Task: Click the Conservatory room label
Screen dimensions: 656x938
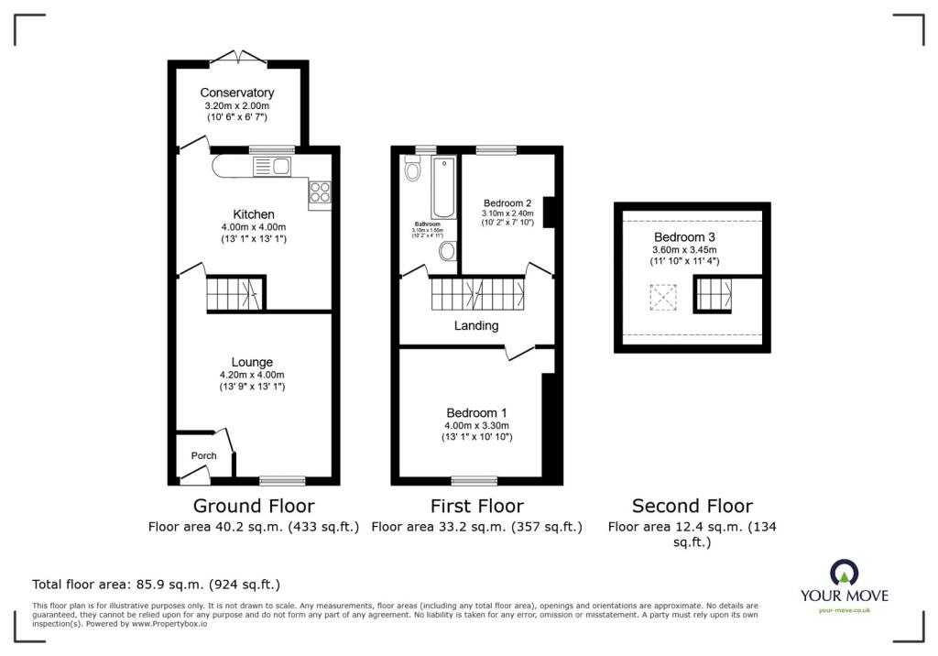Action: (x=237, y=93)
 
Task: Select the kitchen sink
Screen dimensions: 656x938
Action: (x=272, y=166)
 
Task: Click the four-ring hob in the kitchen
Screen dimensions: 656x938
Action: (x=321, y=192)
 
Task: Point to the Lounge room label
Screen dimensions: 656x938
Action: (x=252, y=362)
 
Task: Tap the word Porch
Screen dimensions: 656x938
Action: (x=203, y=455)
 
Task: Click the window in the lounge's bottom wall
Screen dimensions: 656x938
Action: (x=282, y=480)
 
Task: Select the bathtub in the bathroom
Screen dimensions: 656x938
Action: (x=444, y=188)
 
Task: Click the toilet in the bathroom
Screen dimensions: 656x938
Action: (x=412, y=169)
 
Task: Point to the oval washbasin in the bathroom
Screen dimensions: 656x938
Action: (x=448, y=251)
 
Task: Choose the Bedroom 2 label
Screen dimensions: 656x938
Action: (x=507, y=203)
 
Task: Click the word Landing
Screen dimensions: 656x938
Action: (x=476, y=325)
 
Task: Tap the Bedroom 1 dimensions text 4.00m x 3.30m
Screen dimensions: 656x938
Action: (x=476, y=425)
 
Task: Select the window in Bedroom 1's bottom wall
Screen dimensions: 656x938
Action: (x=474, y=480)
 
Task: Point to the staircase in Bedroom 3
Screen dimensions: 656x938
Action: (x=714, y=294)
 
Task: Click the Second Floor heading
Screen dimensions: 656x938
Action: (x=692, y=506)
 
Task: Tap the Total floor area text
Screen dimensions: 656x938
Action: (x=156, y=584)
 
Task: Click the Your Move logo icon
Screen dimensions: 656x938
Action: (x=844, y=572)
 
